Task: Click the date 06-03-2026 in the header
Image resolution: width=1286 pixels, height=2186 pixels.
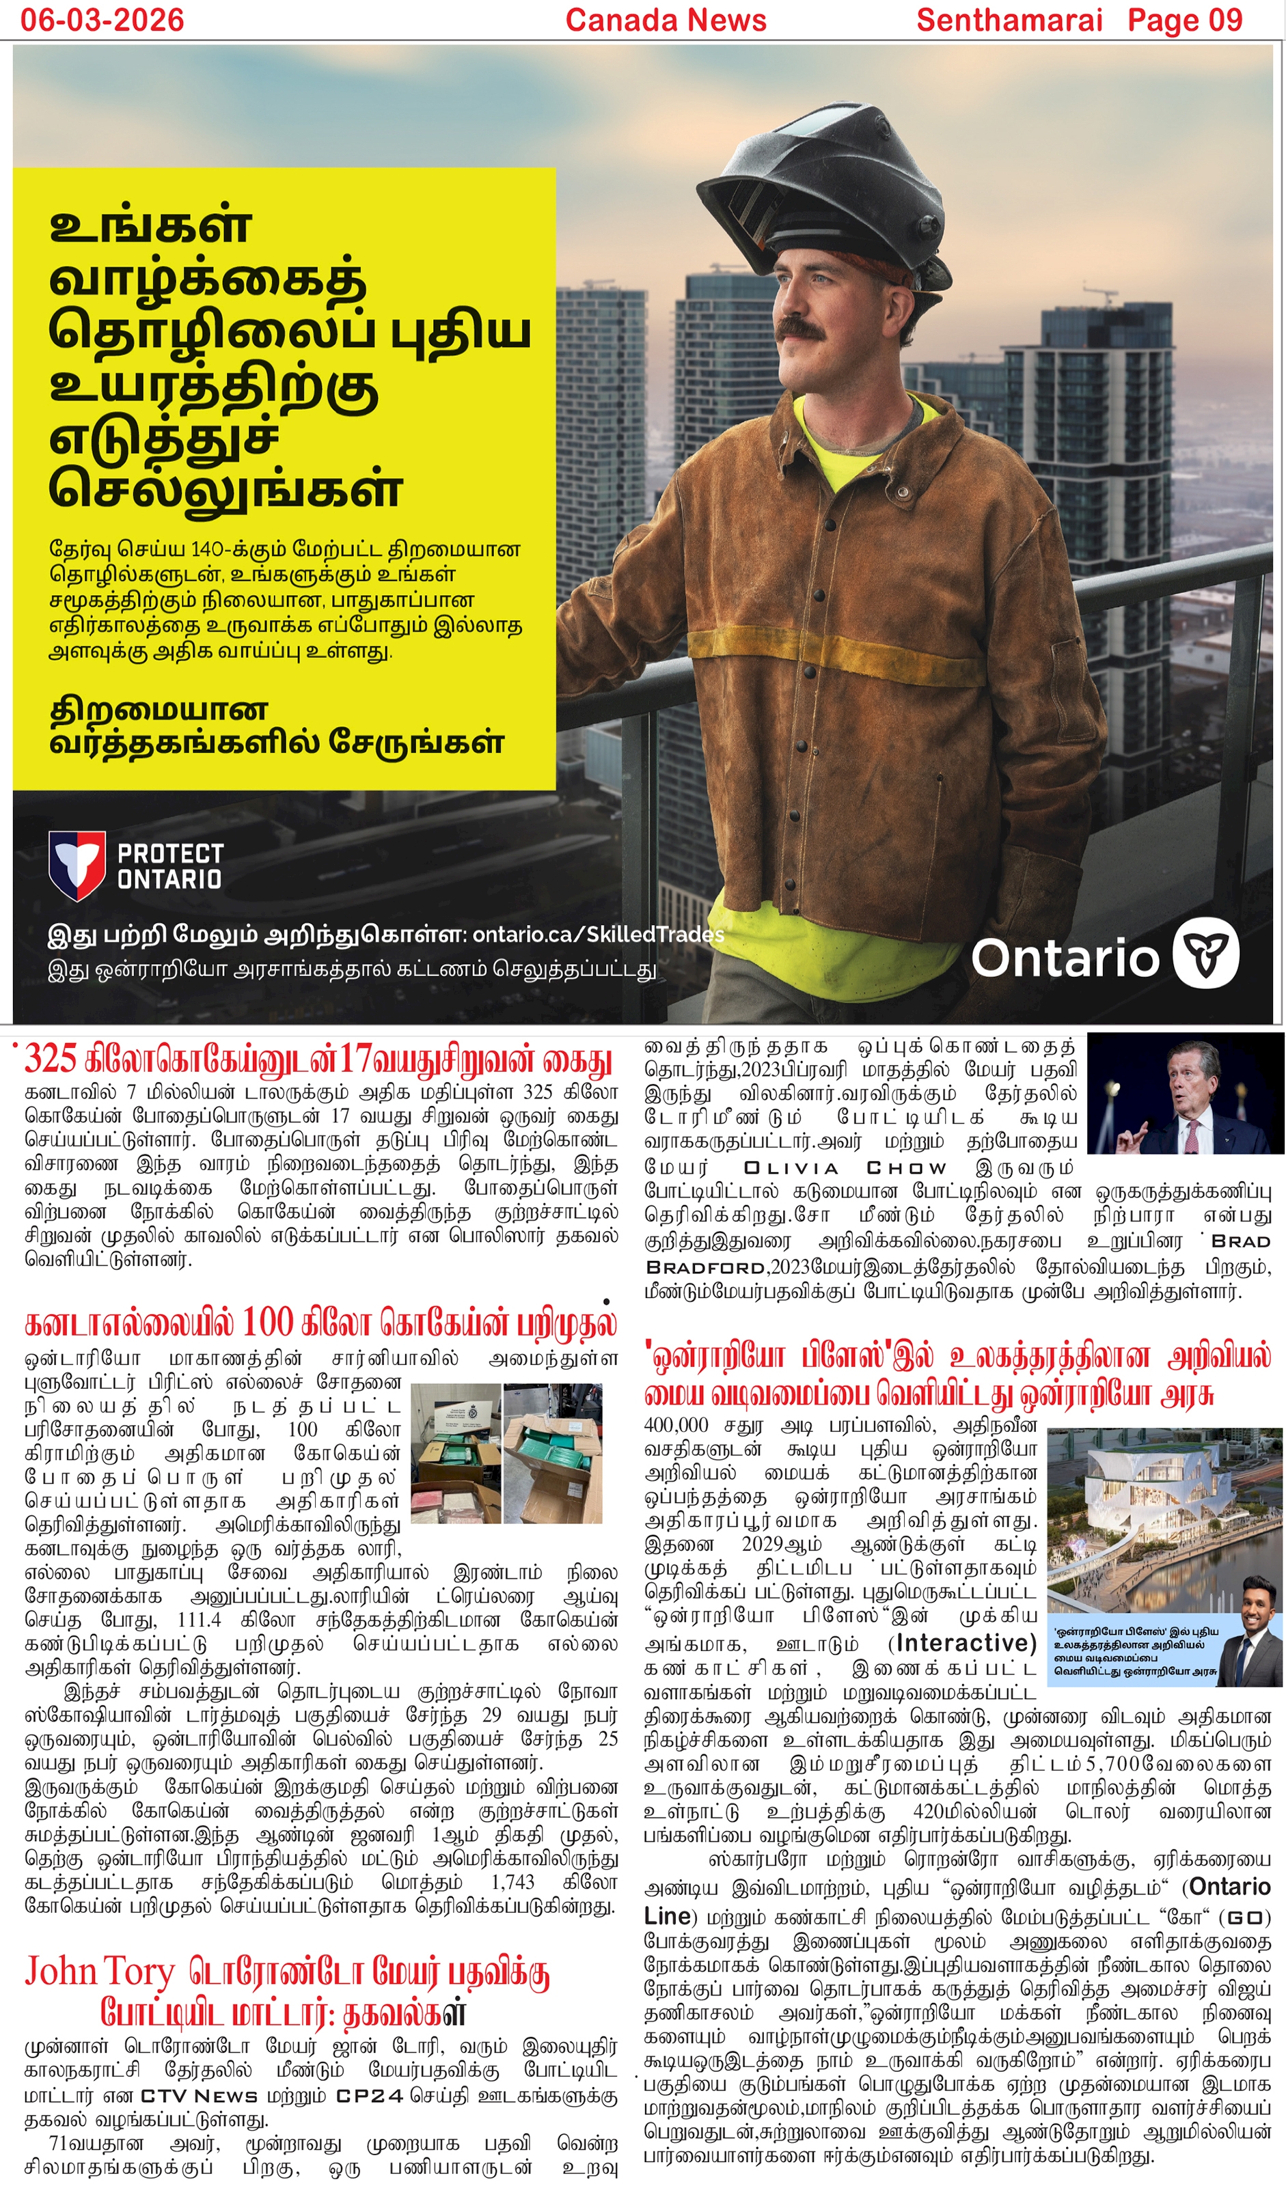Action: coord(102,19)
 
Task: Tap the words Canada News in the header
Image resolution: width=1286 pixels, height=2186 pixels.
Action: coord(666,19)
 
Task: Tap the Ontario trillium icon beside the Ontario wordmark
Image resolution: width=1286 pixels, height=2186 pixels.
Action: coord(1205,954)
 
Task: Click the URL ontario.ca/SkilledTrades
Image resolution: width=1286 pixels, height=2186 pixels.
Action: coord(598,935)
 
